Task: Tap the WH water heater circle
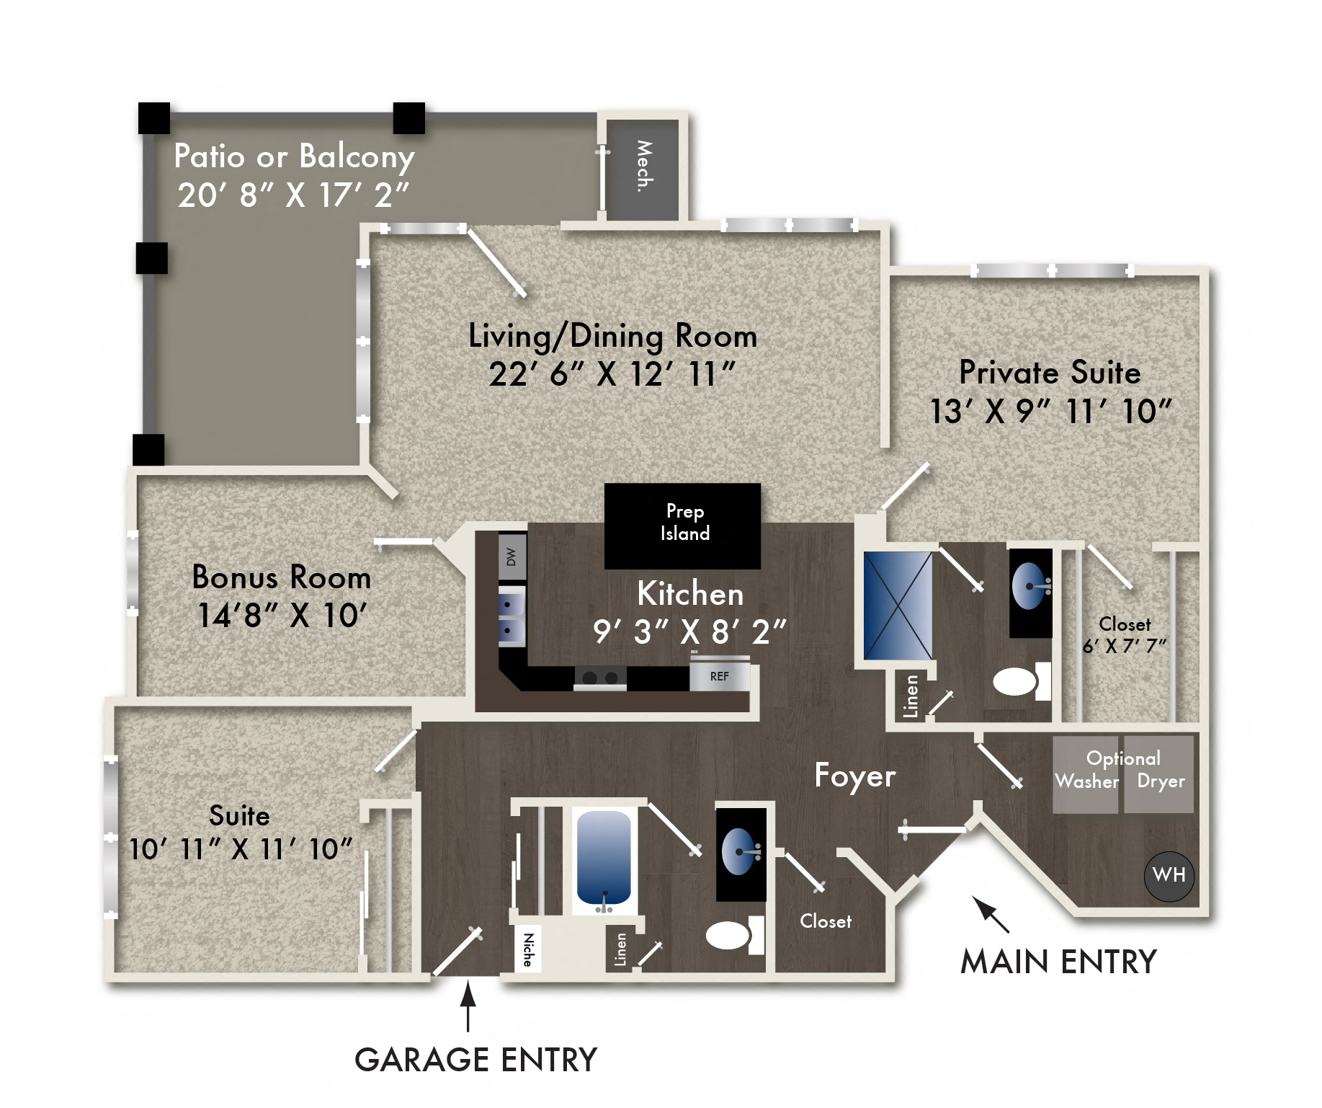(1169, 875)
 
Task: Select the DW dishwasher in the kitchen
(512, 557)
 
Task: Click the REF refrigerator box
(719, 676)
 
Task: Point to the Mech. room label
(643, 167)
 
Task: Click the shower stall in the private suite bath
(898, 606)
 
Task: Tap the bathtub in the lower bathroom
(604, 858)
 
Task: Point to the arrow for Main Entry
(990, 913)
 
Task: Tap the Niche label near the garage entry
(528, 949)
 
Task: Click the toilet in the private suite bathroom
(1017, 681)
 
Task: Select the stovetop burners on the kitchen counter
(600, 678)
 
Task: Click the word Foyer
(854, 776)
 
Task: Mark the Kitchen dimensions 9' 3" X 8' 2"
(689, 632)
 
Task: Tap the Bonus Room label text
(281, 577)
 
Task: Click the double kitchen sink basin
(512, 616)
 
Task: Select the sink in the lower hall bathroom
(740, 852)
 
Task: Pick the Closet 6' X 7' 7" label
(1124, 634)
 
